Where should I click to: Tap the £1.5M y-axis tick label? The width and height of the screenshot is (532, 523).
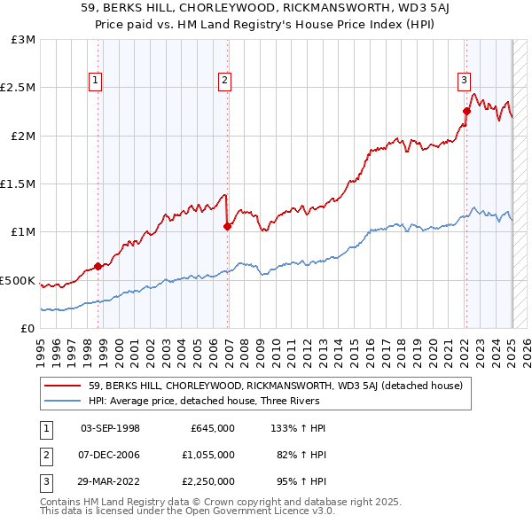[18, 184]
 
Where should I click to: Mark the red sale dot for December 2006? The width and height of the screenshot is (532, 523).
[227, 227]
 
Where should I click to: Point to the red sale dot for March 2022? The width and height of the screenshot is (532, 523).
[466, 112]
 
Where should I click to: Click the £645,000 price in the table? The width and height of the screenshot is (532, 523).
[213, 428]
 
